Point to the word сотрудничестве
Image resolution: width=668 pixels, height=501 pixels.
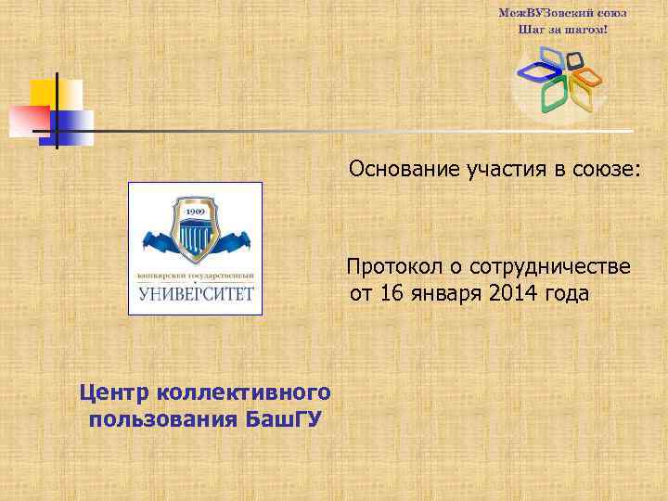pos(550,267)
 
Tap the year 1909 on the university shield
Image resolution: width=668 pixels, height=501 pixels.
pos(194,212)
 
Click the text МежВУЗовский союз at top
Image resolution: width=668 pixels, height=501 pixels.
pos(563,13)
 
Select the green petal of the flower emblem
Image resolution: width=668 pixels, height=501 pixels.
pos(553,95)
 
